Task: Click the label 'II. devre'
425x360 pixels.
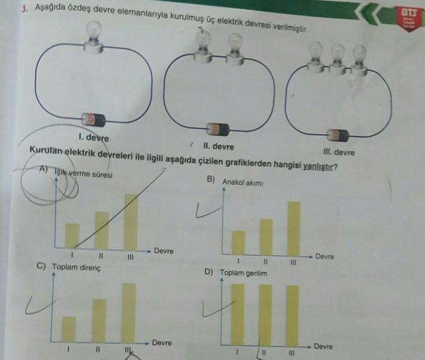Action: point(218,146)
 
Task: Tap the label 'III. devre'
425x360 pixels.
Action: point(338,153)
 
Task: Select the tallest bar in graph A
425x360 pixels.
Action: point(131,221)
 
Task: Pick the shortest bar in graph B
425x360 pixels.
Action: point(239,241)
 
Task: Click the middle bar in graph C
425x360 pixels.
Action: point(99,320)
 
